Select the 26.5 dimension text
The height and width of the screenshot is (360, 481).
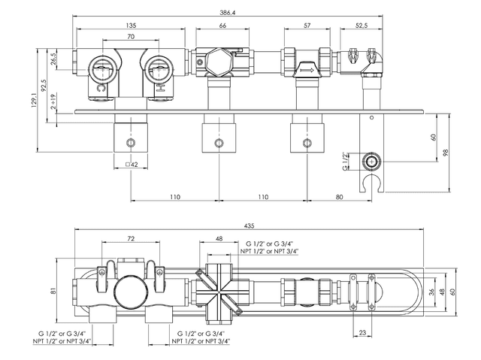53,59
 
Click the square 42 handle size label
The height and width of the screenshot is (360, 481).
131,165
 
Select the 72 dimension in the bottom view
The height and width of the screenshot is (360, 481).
132,238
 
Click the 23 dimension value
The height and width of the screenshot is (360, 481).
363,331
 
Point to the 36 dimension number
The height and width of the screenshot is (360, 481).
430,292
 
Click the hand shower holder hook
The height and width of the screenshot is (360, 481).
369,183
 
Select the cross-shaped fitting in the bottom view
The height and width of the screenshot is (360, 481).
219,289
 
